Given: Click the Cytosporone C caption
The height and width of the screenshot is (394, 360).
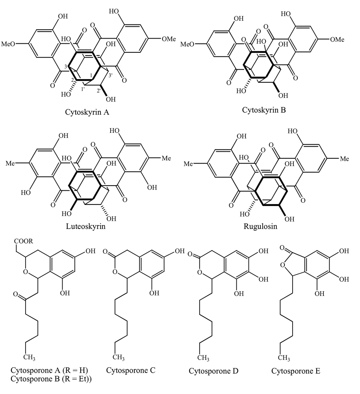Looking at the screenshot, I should [131, 370].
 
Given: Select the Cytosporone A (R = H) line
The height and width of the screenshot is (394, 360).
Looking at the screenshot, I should [49, 370].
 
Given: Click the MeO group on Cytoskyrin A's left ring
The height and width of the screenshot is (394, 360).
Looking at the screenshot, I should [12, 43].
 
